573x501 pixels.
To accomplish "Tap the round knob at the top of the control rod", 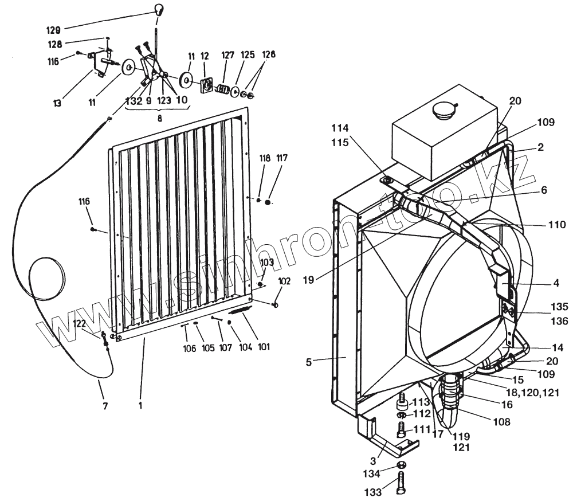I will [x=160, y=9].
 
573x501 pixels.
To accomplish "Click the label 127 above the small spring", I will [x=228, y=55].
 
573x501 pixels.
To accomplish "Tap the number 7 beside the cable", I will [x=104, y=406].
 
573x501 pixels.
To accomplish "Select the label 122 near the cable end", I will [x=80, y=323].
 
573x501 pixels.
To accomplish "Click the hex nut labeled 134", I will [x=402, y=464].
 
